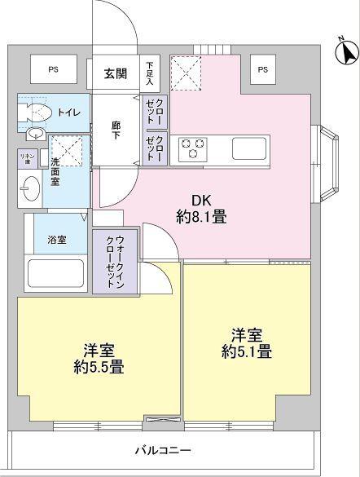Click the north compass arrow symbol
345,53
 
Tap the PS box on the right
262,70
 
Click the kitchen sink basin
249,148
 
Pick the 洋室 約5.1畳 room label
244,342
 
